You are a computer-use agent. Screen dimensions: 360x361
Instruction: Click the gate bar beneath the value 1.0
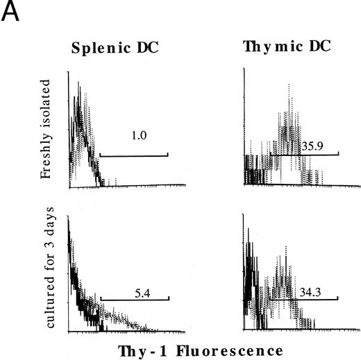pyautogui.click(x=134, y=154)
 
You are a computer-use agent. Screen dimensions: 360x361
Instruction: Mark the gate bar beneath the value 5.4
pyautogui.click(x=135, y=299)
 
